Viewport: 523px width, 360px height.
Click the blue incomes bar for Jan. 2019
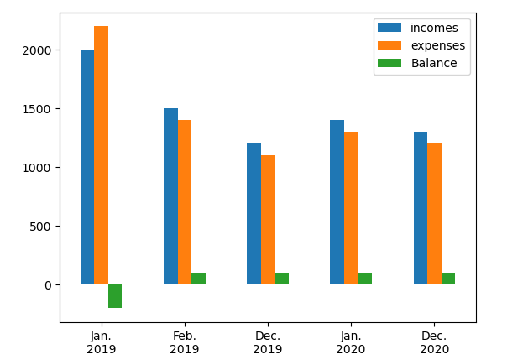[x=87, y=167]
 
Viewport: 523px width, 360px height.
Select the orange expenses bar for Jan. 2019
[x=101, y=155]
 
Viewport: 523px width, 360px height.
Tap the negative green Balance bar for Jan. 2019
[x=115, y=296]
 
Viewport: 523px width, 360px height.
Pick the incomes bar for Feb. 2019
[x=170, y=196]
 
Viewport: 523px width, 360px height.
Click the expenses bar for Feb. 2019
[x=185, y=202]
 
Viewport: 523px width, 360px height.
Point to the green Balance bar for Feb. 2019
[x=198, y=279]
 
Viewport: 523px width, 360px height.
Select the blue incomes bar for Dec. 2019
[x=254, y=214]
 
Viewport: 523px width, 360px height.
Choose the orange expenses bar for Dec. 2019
[x=268, y=220]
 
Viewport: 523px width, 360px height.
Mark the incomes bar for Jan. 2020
[x=337, y=202]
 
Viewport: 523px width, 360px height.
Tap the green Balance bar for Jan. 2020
[x=364, y=279]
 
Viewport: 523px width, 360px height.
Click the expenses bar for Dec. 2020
[x=434, y=214]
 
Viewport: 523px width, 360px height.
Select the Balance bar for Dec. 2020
[x=448, y=279]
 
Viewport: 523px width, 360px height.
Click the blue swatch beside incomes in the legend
[x=390, y=28]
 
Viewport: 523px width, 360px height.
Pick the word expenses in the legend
[x=438, y=45]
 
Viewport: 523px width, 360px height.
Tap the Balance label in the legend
[x=434, y=63]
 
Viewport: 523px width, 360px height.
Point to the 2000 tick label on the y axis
[x=37, y=50]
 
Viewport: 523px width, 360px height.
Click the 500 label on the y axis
[x=40, y=227]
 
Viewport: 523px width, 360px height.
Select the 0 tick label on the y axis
[x=49, y=285]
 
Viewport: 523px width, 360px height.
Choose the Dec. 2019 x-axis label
[x=268, y=342]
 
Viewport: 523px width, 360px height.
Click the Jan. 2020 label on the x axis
[x=351, y=342]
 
